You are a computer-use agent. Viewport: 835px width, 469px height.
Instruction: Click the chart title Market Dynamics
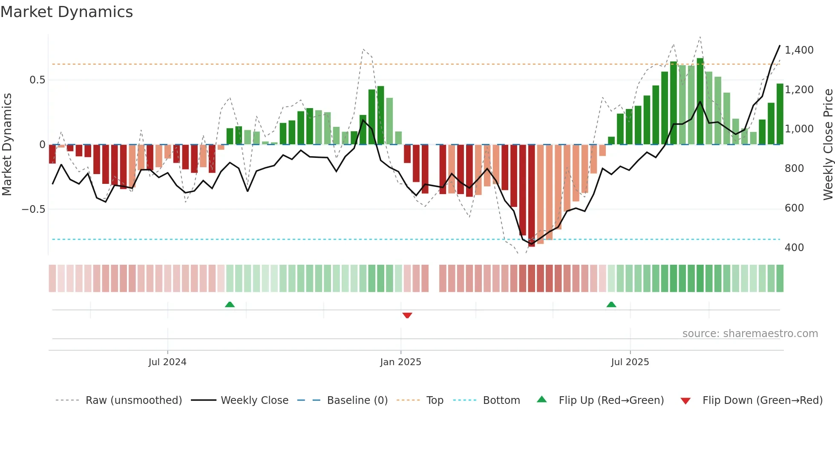click(66, 12)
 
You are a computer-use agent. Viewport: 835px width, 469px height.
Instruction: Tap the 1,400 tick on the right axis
click(799, 50)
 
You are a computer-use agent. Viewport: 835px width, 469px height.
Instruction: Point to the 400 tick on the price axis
click(794, 248)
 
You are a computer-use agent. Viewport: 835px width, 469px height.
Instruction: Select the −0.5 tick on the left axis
click(33, 209)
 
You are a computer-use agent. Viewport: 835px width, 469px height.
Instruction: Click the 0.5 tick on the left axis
click(37, 80)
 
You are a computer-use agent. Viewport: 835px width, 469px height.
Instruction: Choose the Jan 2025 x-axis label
click(400, 362)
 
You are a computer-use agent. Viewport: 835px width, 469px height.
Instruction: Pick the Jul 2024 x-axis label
click(167, 362)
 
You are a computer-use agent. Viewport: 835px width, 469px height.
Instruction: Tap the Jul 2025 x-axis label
click(630, 362)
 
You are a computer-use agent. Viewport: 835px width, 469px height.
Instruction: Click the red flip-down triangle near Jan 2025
click(407, 315)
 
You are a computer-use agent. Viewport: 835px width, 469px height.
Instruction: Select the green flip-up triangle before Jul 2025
click(611, 304)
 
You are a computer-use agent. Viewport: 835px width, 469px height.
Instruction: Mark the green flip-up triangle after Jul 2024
click(230, 304)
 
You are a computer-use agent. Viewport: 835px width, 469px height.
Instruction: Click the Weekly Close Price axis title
click(828, 145)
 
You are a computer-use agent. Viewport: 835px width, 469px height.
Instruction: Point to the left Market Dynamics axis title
click(7, 145)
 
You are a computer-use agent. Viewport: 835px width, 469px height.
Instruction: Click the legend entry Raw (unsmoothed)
click(133, 400)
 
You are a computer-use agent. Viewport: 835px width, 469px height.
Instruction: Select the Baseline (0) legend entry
click(357, 400)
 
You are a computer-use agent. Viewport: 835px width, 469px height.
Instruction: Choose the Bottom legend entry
click(501, 400)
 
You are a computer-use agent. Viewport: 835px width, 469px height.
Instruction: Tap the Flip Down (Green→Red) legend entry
click(762, 400)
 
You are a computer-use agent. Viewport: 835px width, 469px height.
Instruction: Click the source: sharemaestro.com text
click(750, 334)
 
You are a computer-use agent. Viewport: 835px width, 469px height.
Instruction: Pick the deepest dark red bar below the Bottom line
click(531, 196)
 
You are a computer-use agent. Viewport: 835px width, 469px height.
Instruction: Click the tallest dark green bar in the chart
click(700, 102)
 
